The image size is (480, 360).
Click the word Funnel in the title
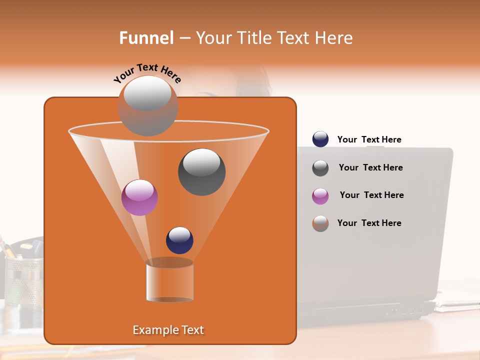coord(146,38)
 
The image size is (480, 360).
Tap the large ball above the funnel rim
coord(148,105)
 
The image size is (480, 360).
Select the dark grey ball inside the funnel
coord(201,172)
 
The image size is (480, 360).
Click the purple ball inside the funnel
coord(139,197)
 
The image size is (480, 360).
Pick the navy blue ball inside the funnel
coord(179,240)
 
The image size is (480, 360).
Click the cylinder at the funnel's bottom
coord(169,281)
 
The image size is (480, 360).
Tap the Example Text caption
coord(168,330)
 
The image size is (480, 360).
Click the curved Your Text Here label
coord(147,73)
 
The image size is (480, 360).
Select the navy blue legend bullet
coord(320,139)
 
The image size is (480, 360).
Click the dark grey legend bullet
coord(320,168)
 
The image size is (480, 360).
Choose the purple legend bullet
coord(320,196)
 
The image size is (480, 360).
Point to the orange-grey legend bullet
coord(320,223)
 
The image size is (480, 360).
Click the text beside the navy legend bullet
coord(369,140)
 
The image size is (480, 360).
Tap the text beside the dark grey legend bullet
coord(370,168)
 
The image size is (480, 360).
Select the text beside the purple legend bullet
coord(371,195)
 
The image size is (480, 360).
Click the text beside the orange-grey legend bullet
coord(369,223)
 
